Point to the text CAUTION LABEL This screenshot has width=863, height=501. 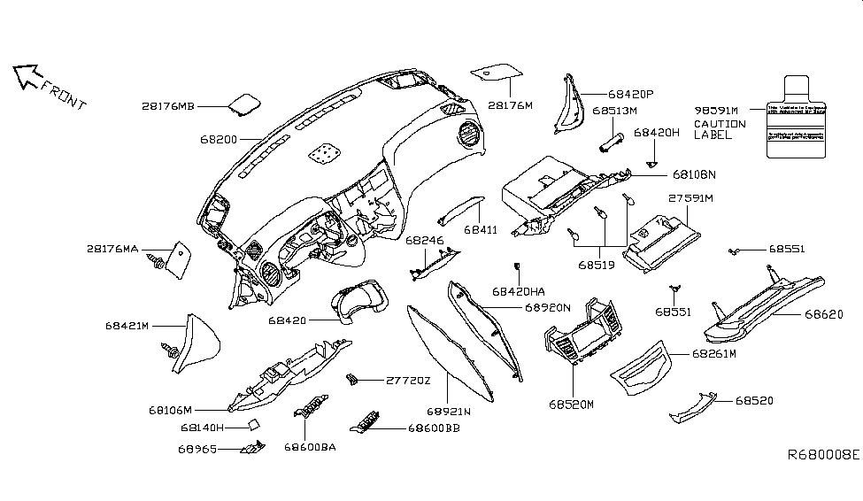(719, 129)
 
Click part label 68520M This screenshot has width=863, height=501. (571, 404)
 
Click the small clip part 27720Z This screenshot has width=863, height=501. (352, 380)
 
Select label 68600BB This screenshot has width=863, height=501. (434, 428)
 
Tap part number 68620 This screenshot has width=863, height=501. (823, 314)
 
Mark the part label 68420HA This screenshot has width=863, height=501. (519, 290)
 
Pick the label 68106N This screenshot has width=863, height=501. (694, 174)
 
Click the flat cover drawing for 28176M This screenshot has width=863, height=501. (497, 71)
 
